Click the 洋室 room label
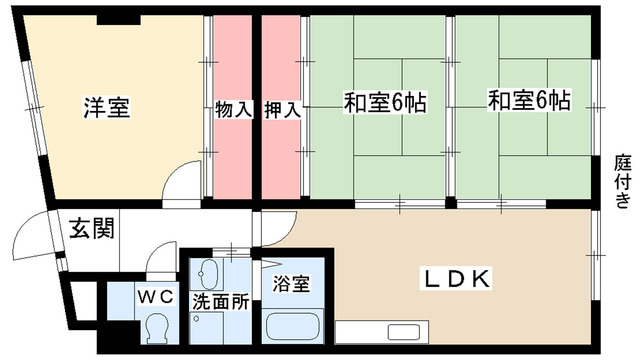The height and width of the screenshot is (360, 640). (106, 106)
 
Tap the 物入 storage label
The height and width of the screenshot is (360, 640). (233, 107)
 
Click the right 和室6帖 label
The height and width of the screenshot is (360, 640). (529, 102)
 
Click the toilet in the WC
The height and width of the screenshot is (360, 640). (155, 327)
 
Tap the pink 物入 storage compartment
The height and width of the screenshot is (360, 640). (233, 150)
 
